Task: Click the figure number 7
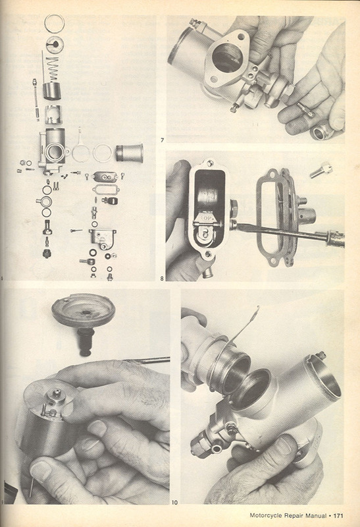[162, 140]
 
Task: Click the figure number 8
[162, 278]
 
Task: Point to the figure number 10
[174, 503]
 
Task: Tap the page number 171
[338, 515]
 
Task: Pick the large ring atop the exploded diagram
[55, 24]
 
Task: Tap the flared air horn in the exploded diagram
[130, 153]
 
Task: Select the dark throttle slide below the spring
[53, 91]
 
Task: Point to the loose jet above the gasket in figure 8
[321, 169]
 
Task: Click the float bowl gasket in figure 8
[269, 218]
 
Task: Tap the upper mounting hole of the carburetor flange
[241, 36]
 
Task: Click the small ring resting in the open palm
[321, 133]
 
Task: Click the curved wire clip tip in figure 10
[258, 307]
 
